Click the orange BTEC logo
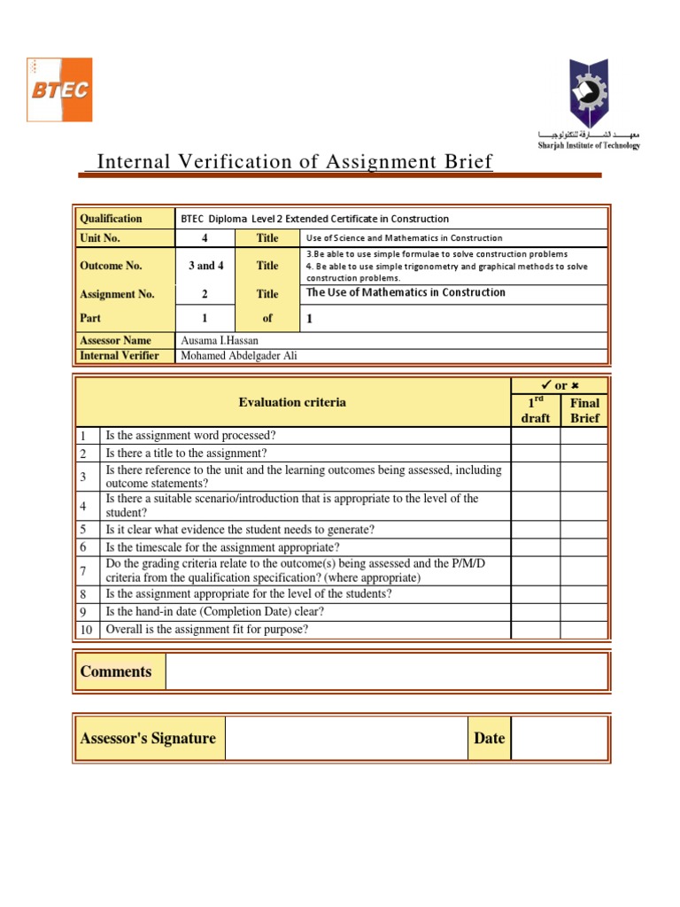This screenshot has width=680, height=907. pyautogui.click(x=59, y=89)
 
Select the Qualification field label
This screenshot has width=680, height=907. pyautogui.click(x=111, y=219)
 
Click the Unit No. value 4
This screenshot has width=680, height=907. pyautogui.click(x=205, y=238)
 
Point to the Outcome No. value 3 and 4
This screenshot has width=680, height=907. pyautogui.click(x=205, y=266)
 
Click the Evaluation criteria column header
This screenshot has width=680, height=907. pyautogui.click(x=292, y=402)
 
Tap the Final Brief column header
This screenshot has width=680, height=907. pyautogui.click(x=584, y=410)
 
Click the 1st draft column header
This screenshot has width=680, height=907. pyautogui.click(x=535, y=410)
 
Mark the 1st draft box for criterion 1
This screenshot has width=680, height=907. pyautogui.click(x=535, y=436)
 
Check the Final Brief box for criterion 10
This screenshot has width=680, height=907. pyautogui.click(x=584, y=630)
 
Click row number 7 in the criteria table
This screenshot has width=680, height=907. pyautogui.click(x=82, y=570)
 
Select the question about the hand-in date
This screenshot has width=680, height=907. pyautogui.click(x=215, y=612)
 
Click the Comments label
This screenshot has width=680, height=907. pyautogui.click(x=116, y=671)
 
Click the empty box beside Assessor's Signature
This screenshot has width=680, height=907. pyautogui.click(x=345, y=739)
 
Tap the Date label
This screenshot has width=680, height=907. pyautogui.click(x=489, y=739)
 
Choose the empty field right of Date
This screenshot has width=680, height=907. pyautogui.click(x=560, y=739)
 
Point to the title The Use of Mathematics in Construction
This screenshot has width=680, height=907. pyautogui.click(x=406, y=293)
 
